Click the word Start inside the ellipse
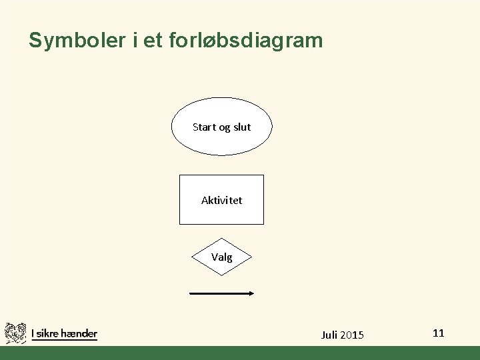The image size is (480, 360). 205,127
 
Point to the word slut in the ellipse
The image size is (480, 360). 241,127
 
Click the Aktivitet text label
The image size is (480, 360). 222,200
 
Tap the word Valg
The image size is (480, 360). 222,257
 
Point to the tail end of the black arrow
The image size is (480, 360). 192,293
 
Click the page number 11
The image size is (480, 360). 438,333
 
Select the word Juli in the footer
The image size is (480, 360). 330,335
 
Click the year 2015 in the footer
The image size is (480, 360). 353,335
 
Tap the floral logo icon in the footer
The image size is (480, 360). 15,333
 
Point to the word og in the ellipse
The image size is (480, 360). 224,127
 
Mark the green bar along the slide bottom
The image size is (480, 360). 240,353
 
